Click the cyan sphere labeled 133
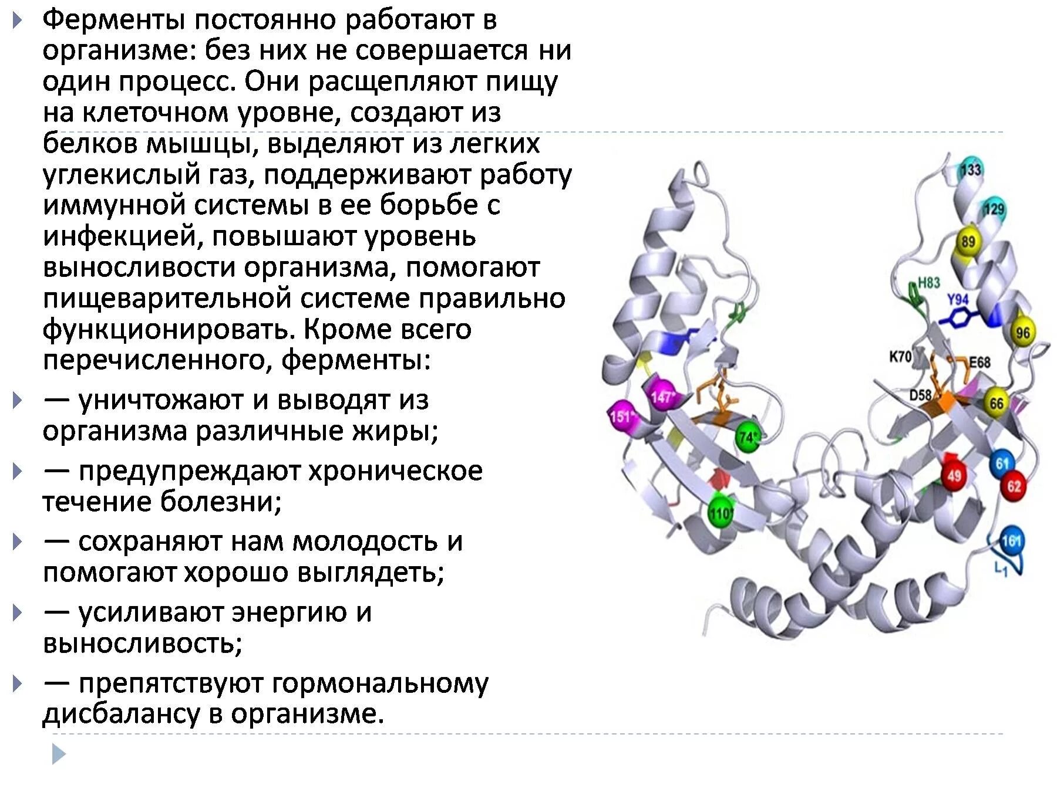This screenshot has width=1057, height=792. pyautogui.click(x=971, y=170)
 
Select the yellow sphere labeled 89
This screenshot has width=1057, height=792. pyautogui.click(x=968, y=241)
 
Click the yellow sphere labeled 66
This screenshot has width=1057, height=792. pyautogui.click(x=997, y=404)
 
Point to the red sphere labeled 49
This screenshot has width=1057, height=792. pyautogui.click(x=954, y=475)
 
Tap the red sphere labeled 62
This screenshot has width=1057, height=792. pyautogui.click(x=1014, y=486)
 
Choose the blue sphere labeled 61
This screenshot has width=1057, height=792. pyautogui.click(x=1002, y=464)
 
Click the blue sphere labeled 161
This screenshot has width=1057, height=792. pyautogui.click(x=1011, y=540)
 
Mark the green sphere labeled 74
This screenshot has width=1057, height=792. pyautogui.click(x=748, y=437)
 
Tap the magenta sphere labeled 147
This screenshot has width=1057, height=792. pyautogui.click(x=661, y=397)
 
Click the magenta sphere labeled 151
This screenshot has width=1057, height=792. pyautogui.click(x=621, y=417)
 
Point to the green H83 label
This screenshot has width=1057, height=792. pyautogui.click(x=928, y=283)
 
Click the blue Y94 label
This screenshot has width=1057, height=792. pyautogui.click(x=958, y=300)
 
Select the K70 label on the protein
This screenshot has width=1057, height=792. pyautogui.click(x=900, y=356)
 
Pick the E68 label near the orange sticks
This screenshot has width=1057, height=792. pyautogui.click(x=979, y=362)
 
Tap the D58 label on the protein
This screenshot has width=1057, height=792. pyautogui.click(x=920, y=395)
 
